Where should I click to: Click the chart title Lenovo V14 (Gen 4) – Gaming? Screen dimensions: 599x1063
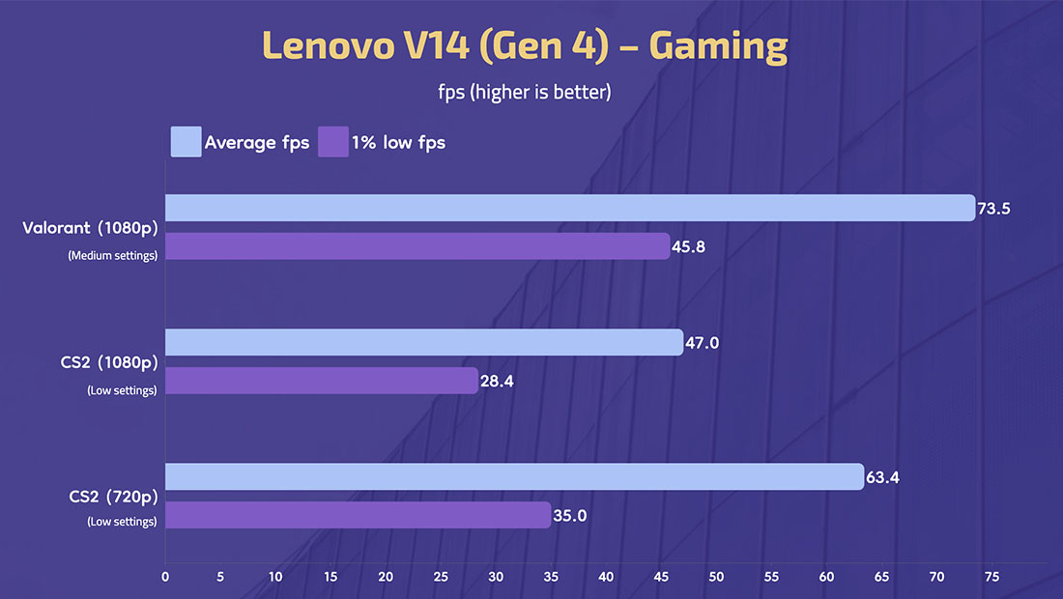525,46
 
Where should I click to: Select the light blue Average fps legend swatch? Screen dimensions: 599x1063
186,142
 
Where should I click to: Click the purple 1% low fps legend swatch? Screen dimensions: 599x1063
332,142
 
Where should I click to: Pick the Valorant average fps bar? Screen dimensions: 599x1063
570,208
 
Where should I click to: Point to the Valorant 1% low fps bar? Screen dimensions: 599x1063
417,246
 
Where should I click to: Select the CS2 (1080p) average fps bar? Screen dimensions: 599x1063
424,342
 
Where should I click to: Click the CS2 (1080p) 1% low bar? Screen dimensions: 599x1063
322,381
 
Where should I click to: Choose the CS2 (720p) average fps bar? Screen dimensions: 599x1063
514,476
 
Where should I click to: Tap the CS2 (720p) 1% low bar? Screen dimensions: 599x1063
358,515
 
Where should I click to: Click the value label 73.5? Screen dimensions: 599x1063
993,209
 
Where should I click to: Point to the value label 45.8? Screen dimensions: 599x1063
688,247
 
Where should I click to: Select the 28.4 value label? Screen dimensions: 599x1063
497,382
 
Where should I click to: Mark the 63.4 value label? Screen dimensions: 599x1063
882,477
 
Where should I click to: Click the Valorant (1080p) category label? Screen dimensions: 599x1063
90,229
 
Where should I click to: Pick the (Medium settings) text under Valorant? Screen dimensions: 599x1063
112,255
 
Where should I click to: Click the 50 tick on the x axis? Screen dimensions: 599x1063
716,577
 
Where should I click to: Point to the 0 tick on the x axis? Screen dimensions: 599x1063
165,577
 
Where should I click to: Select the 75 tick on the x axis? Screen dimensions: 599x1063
991,577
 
